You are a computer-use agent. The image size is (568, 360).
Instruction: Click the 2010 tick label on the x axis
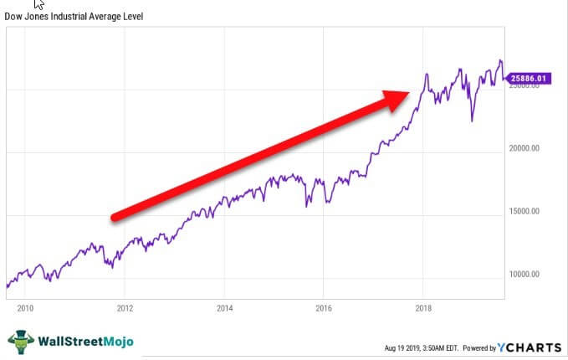tap(25, 308)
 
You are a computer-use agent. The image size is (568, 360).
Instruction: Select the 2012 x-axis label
tap(125, 308)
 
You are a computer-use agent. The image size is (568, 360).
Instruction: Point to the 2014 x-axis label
tap(224, 308)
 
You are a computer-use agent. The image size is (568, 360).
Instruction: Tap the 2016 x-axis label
tap(324, 308)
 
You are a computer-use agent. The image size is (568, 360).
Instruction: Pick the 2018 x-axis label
tap(423, 308)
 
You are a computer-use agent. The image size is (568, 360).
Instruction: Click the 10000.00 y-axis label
tap(525, 274)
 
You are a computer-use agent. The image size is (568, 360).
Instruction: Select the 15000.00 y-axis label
tap(525, 211)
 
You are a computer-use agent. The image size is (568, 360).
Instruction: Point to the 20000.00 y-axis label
tap(525, 148)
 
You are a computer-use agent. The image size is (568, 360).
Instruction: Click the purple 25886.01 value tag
tap(528, 79)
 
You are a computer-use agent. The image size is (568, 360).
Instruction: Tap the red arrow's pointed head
tap(408, 93)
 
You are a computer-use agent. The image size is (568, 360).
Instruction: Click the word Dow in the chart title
tap(13, 16)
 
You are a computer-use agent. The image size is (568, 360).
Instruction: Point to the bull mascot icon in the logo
tap(22, 342)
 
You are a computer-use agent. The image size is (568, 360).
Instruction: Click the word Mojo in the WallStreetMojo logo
tap(119, 342)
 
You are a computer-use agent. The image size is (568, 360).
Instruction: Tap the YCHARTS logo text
tap(530, 347)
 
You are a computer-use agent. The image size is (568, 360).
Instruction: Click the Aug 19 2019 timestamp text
tap(401, 348)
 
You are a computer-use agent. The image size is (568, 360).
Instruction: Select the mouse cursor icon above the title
tap(38, 4)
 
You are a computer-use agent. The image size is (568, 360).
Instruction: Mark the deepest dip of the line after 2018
tap(472, 121)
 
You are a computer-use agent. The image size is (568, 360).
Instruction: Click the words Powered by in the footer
tap(479, 348)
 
